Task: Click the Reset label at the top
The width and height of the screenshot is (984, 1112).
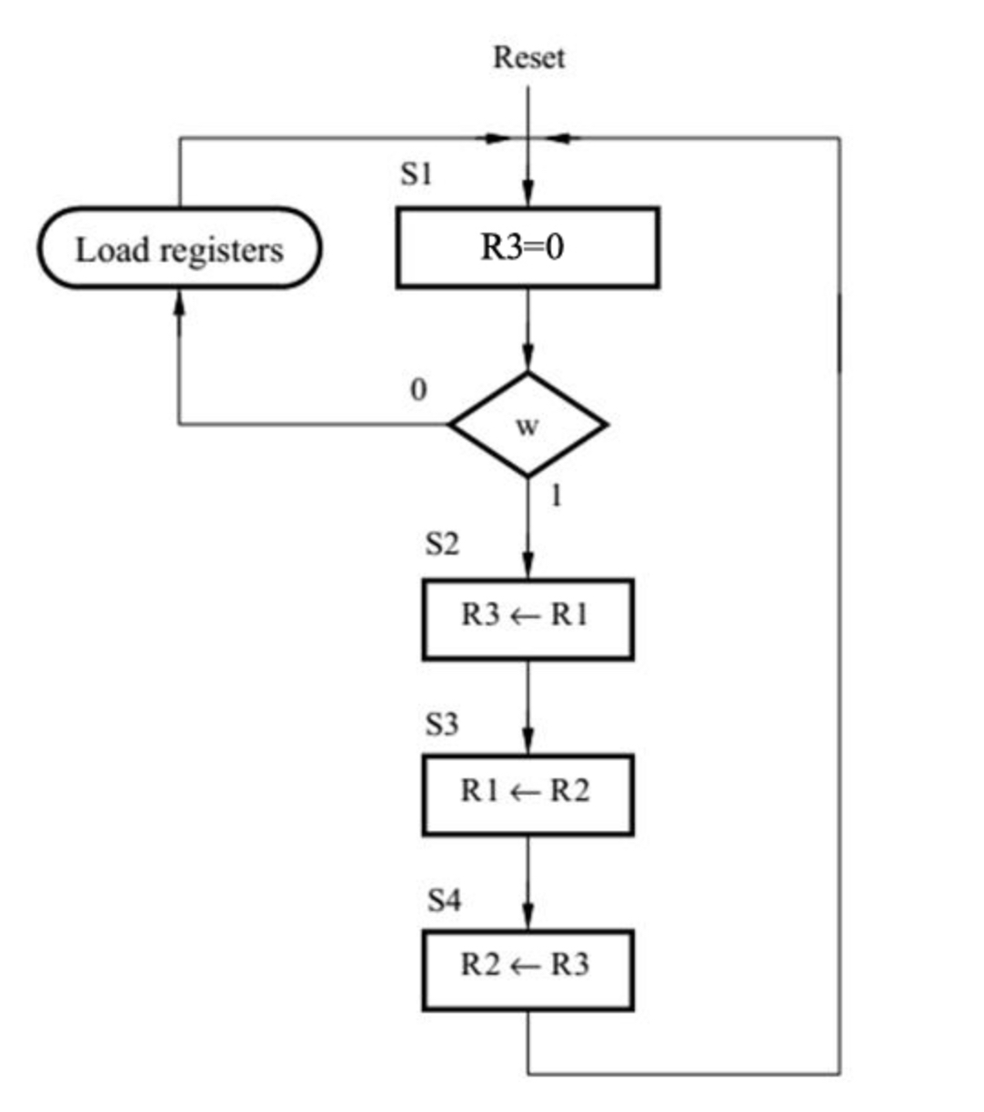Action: click(x=528, y=57)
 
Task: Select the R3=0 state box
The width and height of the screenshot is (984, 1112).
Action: click(x=527, y=247)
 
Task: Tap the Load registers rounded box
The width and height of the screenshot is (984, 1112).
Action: click(x=179, y=248)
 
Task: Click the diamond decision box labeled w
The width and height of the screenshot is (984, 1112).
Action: click(x=527, y=425)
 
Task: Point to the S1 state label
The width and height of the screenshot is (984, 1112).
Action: click(x=417, y=174)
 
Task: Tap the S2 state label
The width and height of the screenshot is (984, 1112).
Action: click(x=442, y=544)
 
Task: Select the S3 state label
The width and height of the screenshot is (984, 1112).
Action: click(x=442, y=725)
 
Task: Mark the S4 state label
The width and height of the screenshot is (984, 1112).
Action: click(x=444, y=901)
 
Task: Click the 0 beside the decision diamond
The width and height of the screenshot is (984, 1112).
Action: click(x=418, y=390)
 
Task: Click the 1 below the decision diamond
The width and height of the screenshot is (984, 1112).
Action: click(x=556, y=496)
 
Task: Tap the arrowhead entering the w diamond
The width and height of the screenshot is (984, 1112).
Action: click(x=527, y=360)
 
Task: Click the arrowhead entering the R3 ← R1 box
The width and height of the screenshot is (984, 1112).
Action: click(x=527, y=566)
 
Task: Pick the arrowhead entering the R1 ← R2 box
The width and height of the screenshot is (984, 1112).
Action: click(x=527, y=742)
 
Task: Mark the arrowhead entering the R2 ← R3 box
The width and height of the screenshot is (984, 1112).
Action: click(x=527, y=917)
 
